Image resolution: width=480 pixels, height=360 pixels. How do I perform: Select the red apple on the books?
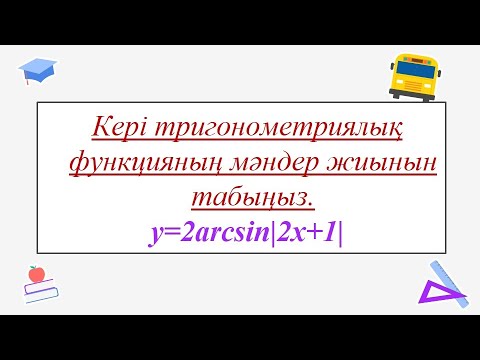point(37,273)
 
